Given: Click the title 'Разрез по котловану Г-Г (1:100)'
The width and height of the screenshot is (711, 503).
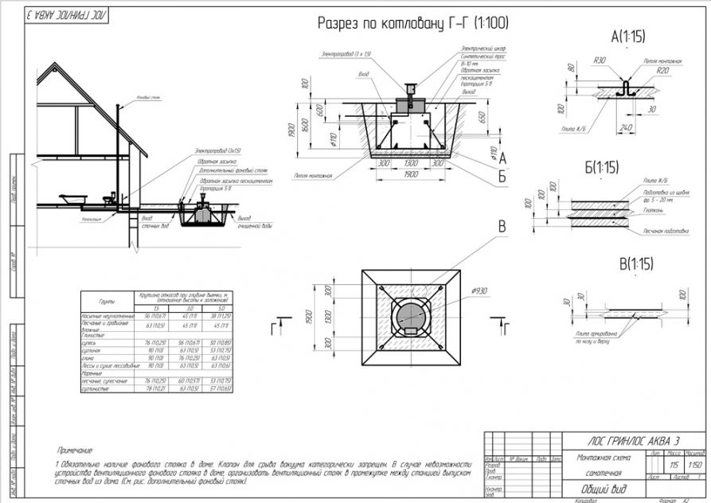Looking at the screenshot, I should click(413, 24).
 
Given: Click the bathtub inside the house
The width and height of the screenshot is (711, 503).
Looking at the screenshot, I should click(71, 197).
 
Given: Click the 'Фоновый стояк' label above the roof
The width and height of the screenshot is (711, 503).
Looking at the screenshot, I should click(149, 98).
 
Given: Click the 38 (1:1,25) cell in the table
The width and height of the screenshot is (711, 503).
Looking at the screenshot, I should click(218, 317).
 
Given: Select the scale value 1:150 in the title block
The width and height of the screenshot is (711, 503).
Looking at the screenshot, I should click(694, 463).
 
